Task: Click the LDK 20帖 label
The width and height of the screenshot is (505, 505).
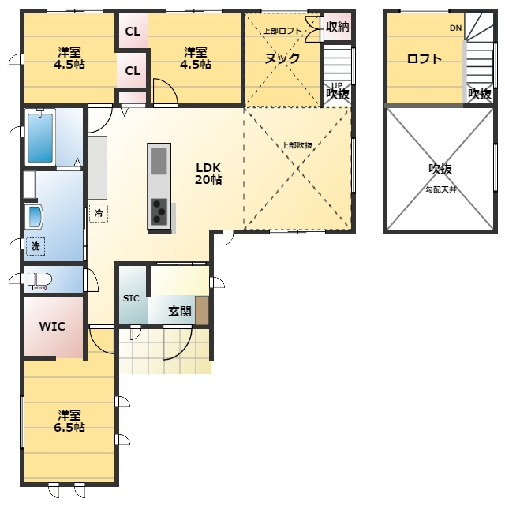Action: [x=208, y=174]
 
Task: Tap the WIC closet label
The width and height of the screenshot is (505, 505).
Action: [x=52, y=326]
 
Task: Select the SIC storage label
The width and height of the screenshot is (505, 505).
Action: [x=131, y=298]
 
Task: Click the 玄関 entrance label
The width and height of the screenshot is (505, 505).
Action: [x=180, y=311]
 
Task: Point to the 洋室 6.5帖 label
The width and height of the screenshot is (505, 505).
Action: [x=69, y=421]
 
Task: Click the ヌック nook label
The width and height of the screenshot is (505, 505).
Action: [x=282, y=58]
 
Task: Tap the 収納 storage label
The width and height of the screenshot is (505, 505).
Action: [x=337, y=27]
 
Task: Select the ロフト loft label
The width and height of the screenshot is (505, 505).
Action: [x=425, y=59]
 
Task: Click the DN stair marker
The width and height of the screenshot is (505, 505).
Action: [x=456, y=28]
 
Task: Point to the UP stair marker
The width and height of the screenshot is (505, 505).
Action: [x=337, y=85]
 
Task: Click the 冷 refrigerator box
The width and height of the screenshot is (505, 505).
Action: [x=99, y=213]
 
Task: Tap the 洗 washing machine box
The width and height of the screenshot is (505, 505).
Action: [x=36, y=246]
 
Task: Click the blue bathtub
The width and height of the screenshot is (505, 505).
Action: [x=40, y=137]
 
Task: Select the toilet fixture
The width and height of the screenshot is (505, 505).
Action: [x=39, y=281]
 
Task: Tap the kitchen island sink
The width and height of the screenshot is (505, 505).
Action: [x=159, y=161]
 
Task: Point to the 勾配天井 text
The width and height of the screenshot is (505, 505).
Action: [x=441, y=189]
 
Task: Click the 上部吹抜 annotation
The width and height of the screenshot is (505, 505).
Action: [x=297, y=145]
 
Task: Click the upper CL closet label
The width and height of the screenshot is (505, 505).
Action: [x=133, y=32]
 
